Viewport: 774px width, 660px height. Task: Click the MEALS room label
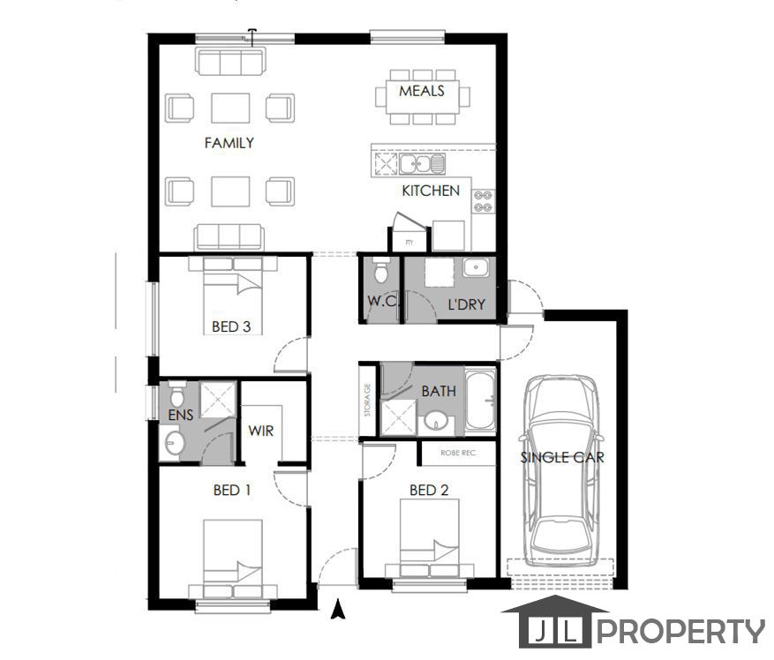pos(421,91)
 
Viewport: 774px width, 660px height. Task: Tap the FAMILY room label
pos(229,142)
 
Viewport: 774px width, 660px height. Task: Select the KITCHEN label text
pos(431,190)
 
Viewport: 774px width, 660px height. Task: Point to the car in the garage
pos(561,472)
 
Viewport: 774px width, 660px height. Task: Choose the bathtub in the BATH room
pos(481,401)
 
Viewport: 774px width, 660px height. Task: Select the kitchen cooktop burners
pos(483,201)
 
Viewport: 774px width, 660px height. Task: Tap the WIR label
pos(260,431)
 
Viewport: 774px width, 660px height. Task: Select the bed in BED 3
pos(232,291)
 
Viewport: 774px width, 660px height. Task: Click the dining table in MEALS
pos(421,94)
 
